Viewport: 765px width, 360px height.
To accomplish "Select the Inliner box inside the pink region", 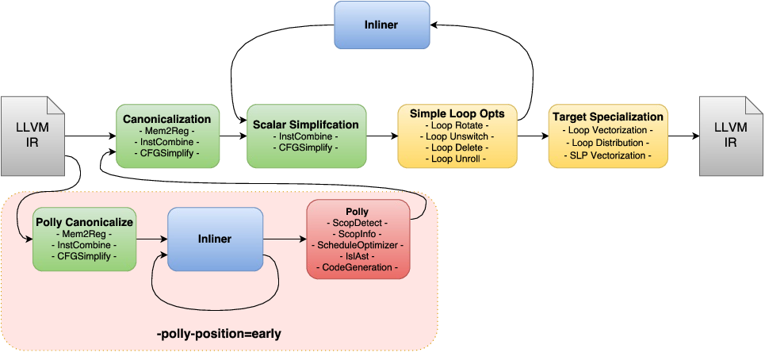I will pyautogui.click(x=215, y=238).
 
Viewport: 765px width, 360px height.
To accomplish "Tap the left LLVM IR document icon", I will pyautogui.click(x=32, y=136).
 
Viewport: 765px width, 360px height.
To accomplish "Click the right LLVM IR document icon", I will pyautogui.click(x=729, y=136).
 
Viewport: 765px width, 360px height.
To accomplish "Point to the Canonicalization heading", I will pyautogui.click(x=167, y=119).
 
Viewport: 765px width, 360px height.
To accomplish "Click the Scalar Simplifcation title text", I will pyautogui.click(x=306, y=124).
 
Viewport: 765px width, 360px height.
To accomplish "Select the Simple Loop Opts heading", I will pyautogui.click(x=457, y=113).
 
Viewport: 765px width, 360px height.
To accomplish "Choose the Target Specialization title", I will pyautogui.click(x=607, y=117).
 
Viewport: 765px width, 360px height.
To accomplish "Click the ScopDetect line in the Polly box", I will pyautogui.click(x=358, y=224).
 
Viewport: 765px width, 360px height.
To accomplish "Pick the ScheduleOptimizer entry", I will pyautogui.click(x=358, y=246).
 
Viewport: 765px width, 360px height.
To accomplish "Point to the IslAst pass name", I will pyautogui.click(x=358, y=257).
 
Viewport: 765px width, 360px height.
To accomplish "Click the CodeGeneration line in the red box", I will pyautogui.click(x=358, y=268).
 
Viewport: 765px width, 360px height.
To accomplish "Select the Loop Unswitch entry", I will pyautogui.click(x=457, y=136).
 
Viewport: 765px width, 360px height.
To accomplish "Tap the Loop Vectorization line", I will pyautogui.click(x=607, y=130).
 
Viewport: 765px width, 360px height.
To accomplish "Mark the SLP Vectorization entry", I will pyautogui.click(x=607, y=155).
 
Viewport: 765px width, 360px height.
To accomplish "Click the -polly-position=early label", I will pyautogui.click(x=220, y=334).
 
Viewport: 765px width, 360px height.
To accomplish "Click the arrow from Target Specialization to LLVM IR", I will pyautogui.click(x=683, y=136).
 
